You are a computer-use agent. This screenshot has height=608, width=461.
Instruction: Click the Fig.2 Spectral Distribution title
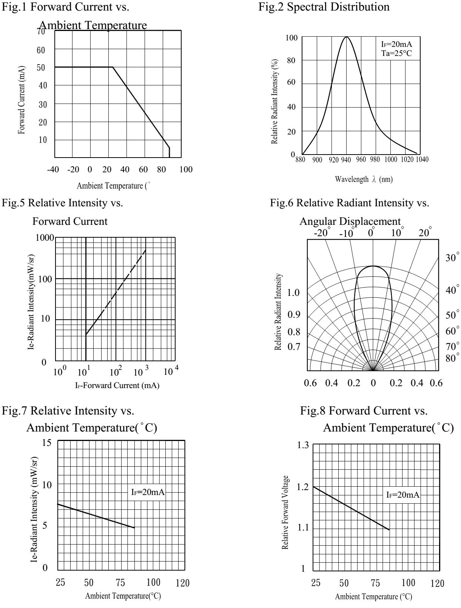(x=324, y=6)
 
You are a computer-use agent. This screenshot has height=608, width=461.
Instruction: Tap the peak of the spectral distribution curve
(x=346, y=37)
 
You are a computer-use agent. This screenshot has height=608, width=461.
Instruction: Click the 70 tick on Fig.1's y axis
(x=41, y=31)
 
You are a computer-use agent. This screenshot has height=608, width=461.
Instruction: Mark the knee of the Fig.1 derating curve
(x=113, y=67)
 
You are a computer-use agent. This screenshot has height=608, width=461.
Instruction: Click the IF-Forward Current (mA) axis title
(x=117, y=385)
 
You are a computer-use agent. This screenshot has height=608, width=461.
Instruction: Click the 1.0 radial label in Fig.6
(x=293, y=293)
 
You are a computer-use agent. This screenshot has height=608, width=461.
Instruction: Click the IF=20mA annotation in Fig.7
(x=148, y=492)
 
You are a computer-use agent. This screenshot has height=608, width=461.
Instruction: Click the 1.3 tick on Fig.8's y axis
(x=303, y=446)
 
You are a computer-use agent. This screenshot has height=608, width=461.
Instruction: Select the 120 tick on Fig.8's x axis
(x=437, y=584)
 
